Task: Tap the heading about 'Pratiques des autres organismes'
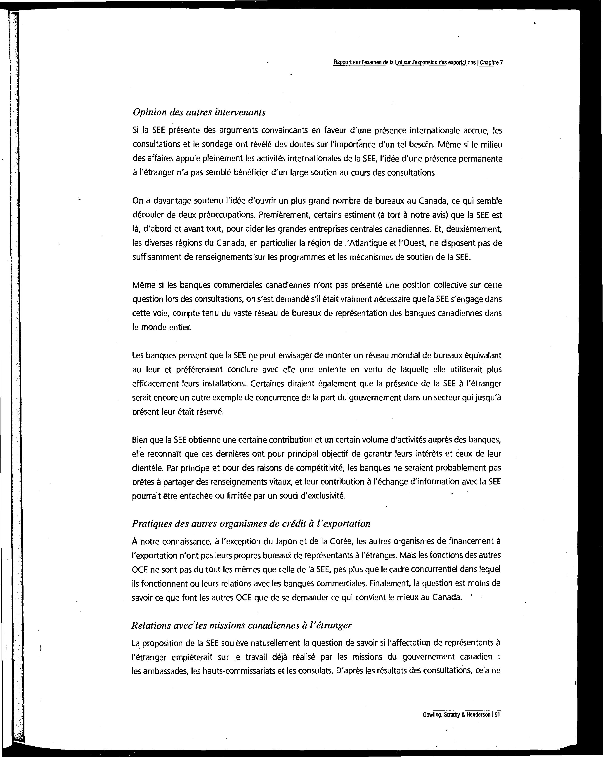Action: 251,524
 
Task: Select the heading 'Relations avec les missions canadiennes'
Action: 241,625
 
